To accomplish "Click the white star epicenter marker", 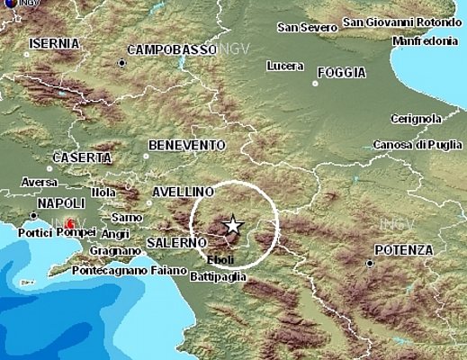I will point(233,226).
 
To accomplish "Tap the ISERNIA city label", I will point(54,43).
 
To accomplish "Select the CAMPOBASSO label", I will point(172,49).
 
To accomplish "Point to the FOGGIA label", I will point(341,73).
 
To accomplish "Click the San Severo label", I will point(305,27).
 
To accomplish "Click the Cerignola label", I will point(417,118).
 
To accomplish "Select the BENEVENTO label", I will point(186,145).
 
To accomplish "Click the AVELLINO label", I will point(183,192).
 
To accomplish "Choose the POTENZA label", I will point(403,249).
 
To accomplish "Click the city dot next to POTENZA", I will point(370,263).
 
